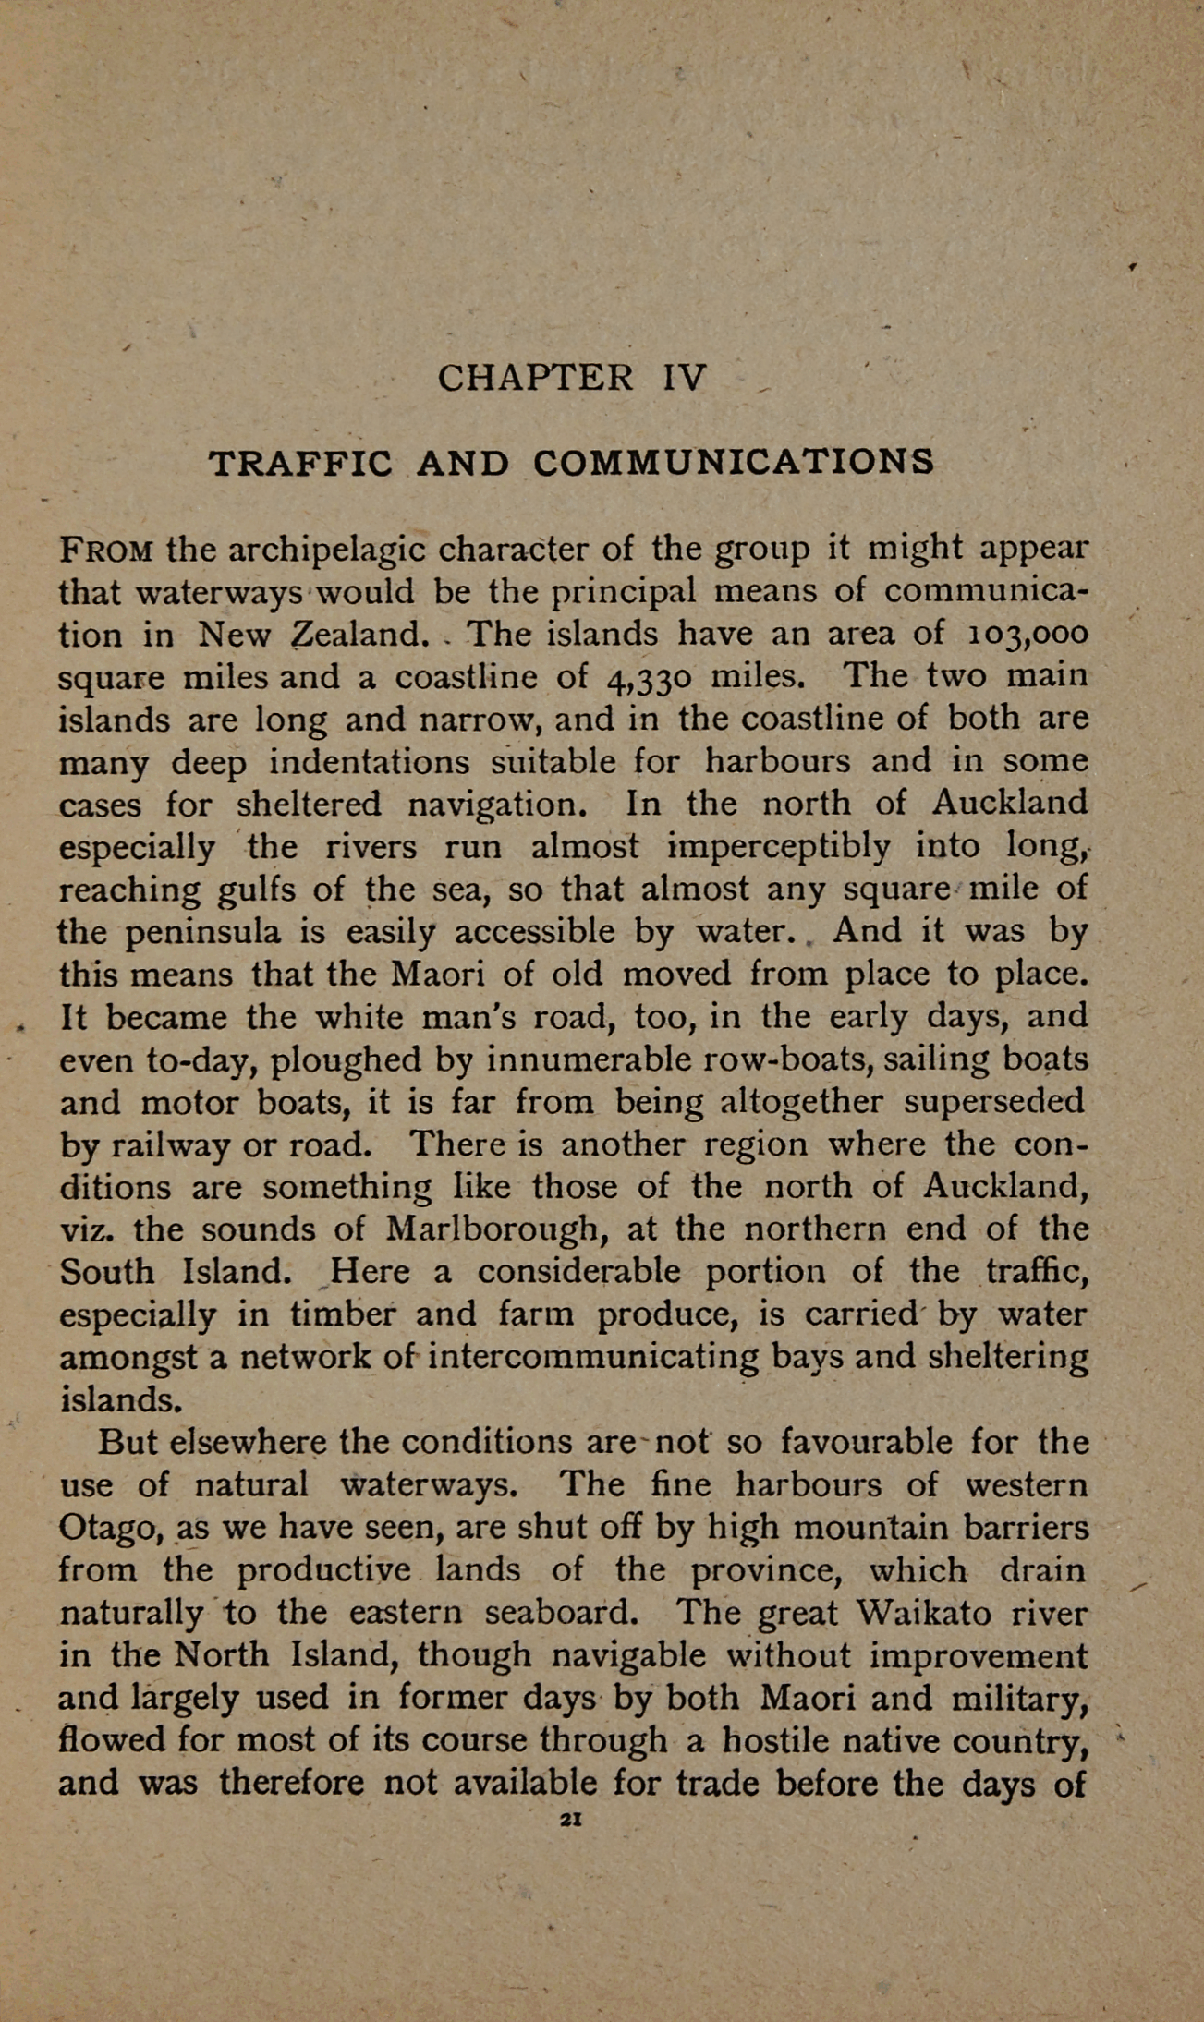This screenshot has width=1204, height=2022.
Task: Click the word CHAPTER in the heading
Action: [535, 378]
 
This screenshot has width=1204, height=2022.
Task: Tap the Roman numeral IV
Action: [685, 378]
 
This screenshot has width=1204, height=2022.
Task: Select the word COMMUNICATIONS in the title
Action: [734, 462]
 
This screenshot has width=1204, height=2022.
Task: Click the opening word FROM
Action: [106, 551]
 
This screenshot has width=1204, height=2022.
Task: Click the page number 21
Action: [570, 1818]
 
